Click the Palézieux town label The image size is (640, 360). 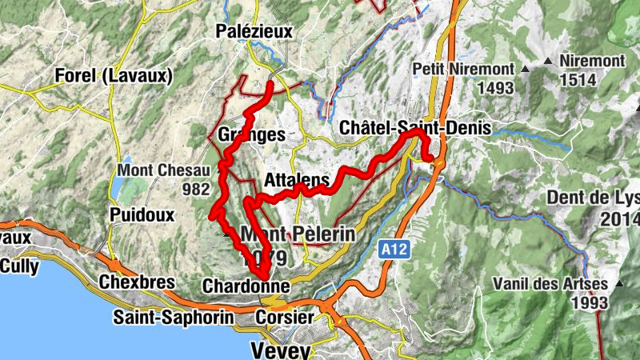tap(254, 31)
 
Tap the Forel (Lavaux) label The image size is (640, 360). tap(114, 76)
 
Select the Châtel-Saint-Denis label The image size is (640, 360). tap(414, 128)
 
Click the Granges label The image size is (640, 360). tap(250, 135)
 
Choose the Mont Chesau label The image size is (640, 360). tap(163, 170)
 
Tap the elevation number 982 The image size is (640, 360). tap(195, 189)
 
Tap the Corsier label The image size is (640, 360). tap(284, 318)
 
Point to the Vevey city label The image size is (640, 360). tap(278, 350)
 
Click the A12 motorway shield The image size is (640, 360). tap(394, 250)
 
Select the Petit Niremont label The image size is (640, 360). tap(464, 69)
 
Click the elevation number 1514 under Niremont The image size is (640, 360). tap(580, 79)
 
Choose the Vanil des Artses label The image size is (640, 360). tap(545, 284)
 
